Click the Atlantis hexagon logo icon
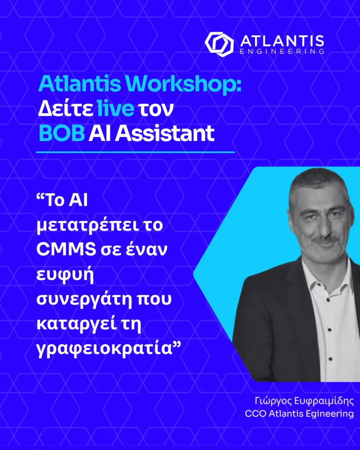click(x=218, y=43)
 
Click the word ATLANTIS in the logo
click(x=282, y=41)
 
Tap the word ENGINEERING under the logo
click(x=282, y=52)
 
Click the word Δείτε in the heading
click(x=65, y=108)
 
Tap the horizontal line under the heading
click(x=135, y=152)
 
